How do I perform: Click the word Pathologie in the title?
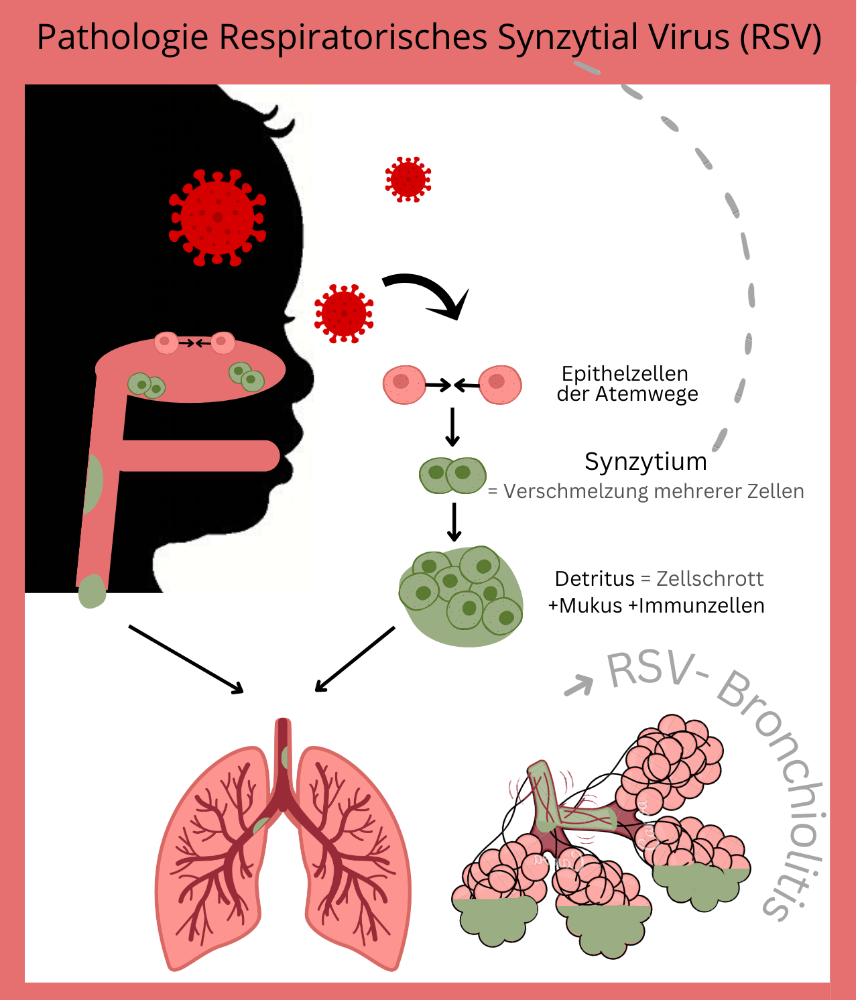tap(122, 38)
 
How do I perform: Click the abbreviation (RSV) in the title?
tap(780, 38)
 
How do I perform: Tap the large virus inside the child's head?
tap(217, 217)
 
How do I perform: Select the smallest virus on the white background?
tap(408, 180)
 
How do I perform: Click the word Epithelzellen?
tap(625, 373)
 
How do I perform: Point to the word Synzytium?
tap(646, 462)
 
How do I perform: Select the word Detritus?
tap(594, 578)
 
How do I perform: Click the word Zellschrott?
tap(710, 578)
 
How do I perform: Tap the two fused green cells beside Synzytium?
tap(452, 475)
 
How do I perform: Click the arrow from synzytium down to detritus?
tap(454, 521)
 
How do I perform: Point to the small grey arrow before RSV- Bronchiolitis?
tap(580, 685)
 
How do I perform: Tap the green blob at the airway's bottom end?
tap(92, 592)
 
